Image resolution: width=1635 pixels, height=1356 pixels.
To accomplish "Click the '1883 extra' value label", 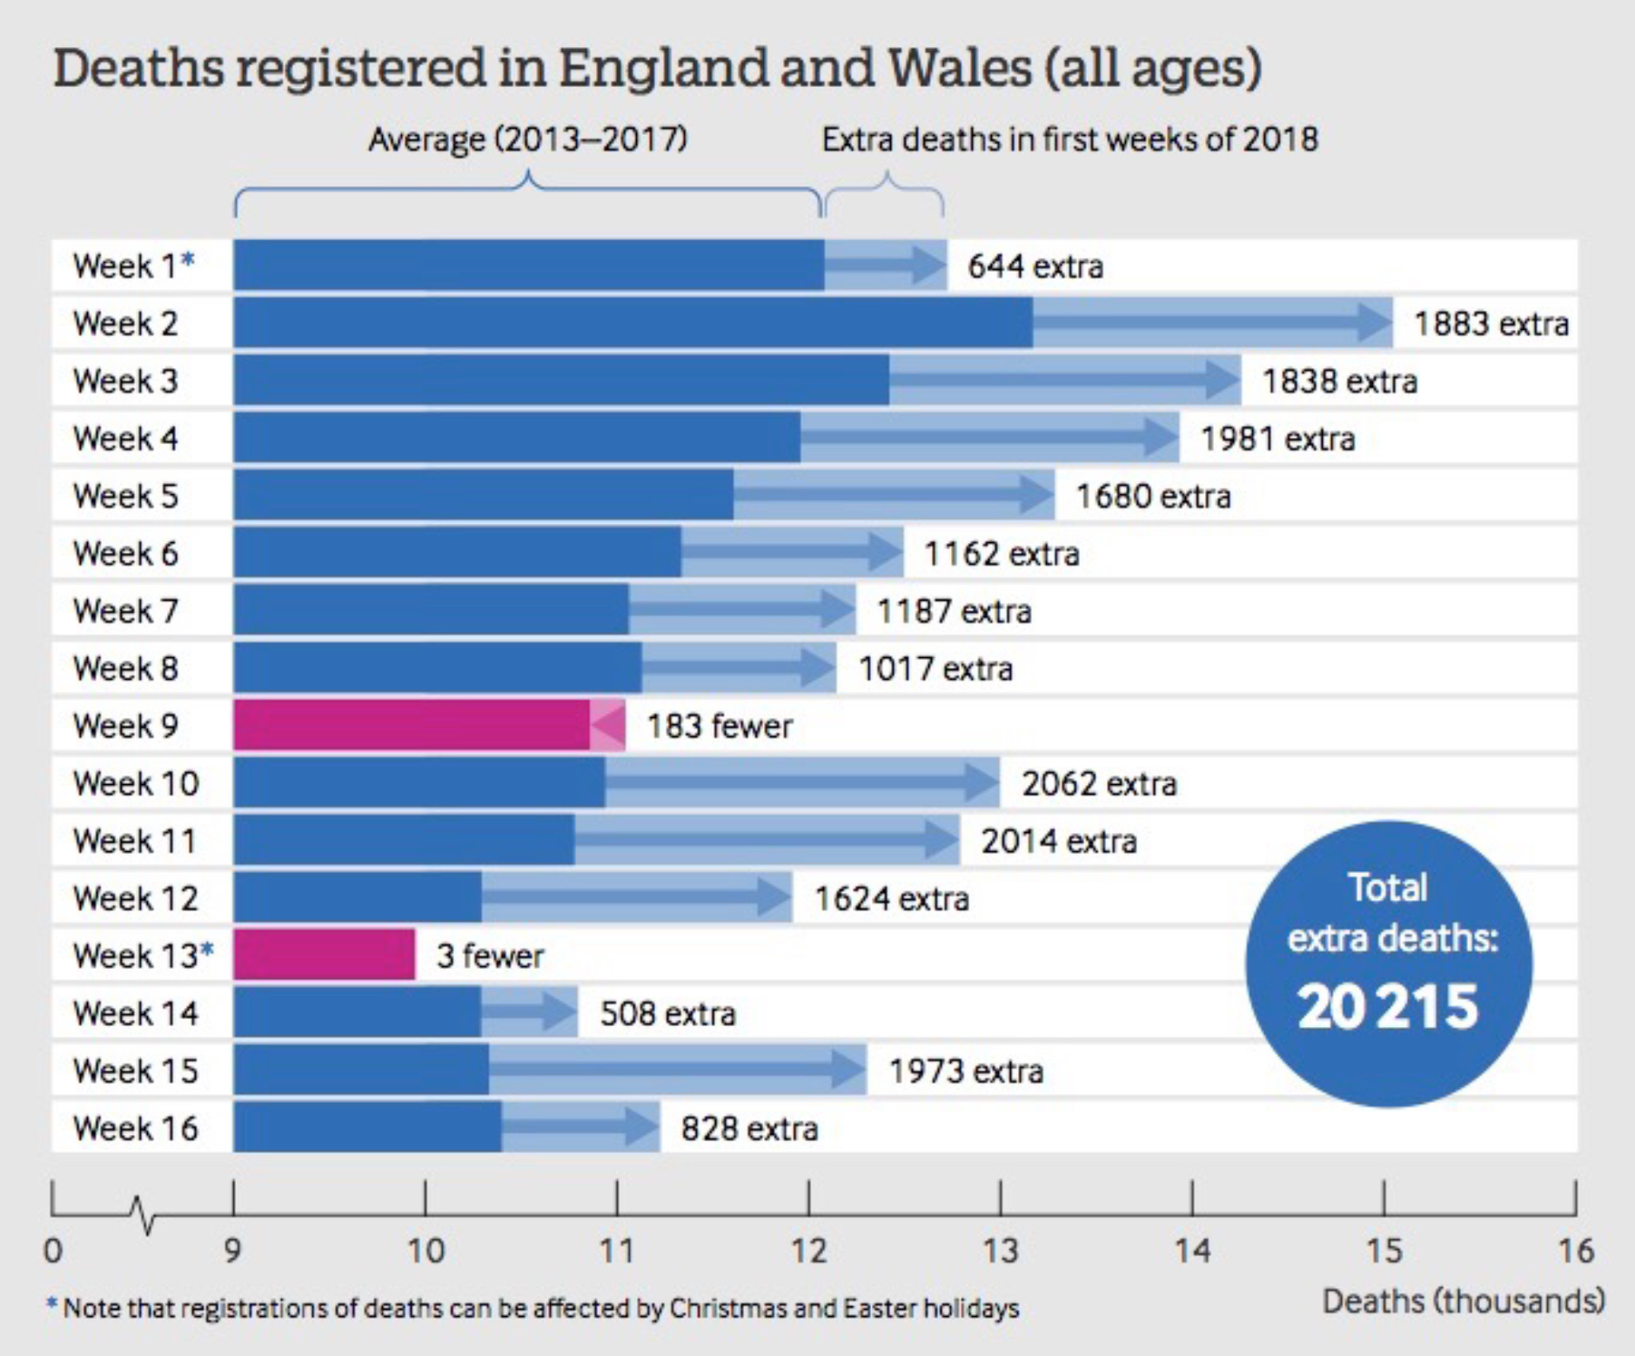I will click(1491, 324).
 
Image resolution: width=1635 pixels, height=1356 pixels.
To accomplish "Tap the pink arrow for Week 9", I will click(608, 725).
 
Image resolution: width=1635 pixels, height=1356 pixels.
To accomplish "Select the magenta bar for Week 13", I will click(324, 955).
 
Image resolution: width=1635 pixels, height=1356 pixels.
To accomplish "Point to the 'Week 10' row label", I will click(136, 783).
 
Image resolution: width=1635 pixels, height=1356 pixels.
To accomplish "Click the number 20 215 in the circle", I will click(1387, 1006).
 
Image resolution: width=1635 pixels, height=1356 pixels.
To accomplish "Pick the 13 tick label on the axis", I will click(1000, 1251).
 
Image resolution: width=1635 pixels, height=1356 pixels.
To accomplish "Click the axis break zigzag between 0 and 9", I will click(142, 1214).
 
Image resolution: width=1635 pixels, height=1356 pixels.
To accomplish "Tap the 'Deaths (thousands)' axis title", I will click(1463, 1301).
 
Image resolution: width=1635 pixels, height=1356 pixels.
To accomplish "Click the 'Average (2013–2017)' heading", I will click(527, 139).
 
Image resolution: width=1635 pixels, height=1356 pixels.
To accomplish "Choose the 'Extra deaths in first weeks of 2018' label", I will click(1069, 139).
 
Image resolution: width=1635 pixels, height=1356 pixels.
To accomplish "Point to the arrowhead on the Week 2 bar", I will click(1375, 323).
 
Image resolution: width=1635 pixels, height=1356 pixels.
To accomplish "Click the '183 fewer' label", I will click(719, 726).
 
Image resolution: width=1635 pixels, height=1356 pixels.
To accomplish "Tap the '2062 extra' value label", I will click(1099, 783).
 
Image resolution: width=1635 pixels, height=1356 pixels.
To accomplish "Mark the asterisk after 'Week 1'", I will click(188, 260).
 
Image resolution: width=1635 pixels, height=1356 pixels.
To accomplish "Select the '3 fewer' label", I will click(490, 956).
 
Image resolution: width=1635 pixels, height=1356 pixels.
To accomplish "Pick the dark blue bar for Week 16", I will click(367, 1127).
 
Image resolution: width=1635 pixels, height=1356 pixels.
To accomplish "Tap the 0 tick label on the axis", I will click(53, 1251).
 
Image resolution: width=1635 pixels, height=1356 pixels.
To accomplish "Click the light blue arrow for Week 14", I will click(528, 1012).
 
